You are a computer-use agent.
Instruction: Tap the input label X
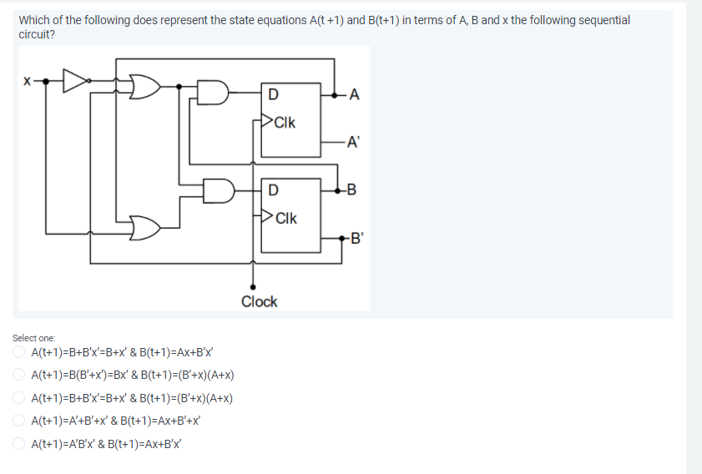(27, 82)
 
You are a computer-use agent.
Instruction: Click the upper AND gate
(213, 93)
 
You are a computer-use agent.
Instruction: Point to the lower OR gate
(146, 226)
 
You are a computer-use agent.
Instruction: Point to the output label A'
(355, 142)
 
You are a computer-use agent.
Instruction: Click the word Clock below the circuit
(259, 302)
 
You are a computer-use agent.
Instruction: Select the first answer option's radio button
(18, 353)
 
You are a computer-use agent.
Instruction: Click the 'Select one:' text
(33, 338)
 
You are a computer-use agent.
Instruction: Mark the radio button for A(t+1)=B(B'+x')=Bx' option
(18, 376)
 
